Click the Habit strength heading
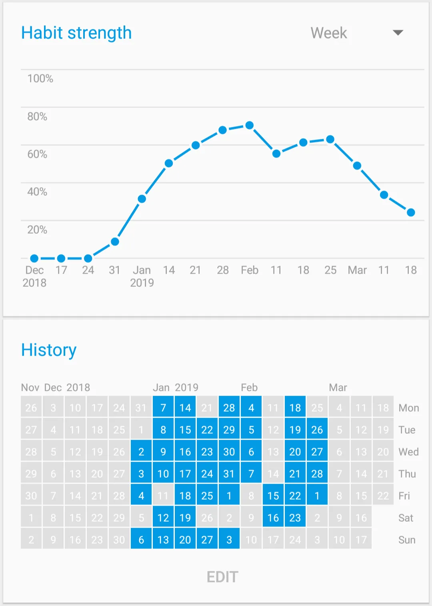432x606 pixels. pos(76,33)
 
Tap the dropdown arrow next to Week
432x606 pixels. pos(398,33)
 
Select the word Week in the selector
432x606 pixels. pos(329,33)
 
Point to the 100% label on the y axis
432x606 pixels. pos(40,78)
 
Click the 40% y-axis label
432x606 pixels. pos(37,192)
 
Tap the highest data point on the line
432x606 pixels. pos(250,125)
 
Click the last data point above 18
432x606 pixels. pos(411,212)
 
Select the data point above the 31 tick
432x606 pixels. pos(115,242)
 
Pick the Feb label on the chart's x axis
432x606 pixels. pos(250,270)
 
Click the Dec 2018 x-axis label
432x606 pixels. pos(34,276)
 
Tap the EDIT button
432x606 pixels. pos(222,577)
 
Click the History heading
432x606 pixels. pos(49,350)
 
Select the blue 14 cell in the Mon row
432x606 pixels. pos(185,408)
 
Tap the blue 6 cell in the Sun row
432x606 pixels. pos(141,540)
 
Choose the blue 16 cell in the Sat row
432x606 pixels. pos(273,518)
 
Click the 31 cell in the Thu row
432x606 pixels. pos(229,474)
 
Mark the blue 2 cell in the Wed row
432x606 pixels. pos(141,452)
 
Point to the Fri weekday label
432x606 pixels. pos(404,496)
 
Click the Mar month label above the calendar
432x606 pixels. pos(338,387)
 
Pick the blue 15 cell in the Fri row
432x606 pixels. pos(273,496)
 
